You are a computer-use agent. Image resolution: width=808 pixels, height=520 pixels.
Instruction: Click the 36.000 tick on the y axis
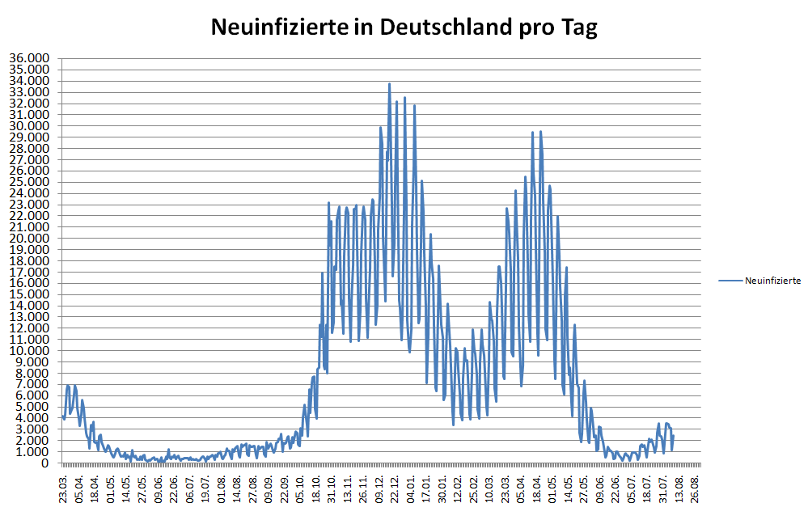[x=30, y=58]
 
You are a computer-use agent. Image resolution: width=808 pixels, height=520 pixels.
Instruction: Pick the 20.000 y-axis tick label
[x=30, y=239]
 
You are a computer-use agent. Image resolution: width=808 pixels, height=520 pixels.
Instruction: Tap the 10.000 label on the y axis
[x=30, y=351]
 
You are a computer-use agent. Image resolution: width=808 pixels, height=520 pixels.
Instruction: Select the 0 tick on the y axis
[x=45, y=463]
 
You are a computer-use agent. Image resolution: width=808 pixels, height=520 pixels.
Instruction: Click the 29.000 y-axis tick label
[x=30, y=137]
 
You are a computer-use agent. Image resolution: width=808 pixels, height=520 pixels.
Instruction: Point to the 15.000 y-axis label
[x=30, y=294]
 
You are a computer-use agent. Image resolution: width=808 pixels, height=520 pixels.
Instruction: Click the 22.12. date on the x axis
[x=395, y=488]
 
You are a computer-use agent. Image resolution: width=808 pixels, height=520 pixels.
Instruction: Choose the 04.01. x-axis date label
[x=411, y=488]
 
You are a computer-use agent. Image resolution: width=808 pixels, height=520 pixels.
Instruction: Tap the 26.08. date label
[x=695, y=488]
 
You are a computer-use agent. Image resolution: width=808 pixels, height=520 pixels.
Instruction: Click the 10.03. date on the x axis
[x=489, y=488]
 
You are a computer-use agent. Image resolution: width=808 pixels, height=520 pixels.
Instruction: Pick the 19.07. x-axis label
[x=205, y=488]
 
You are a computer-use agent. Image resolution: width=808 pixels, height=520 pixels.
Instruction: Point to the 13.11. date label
[x=348, y=488]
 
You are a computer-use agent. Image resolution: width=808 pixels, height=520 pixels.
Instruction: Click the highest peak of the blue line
[x=389, y=83]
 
